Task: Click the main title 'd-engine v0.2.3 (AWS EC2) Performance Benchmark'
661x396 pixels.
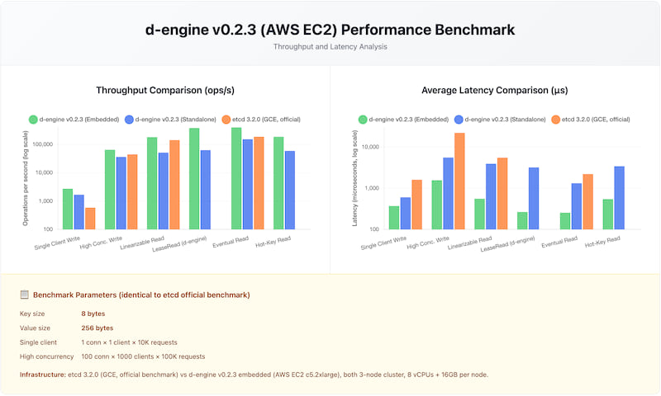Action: (x=330, y=30)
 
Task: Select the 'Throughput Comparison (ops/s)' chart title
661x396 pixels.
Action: (x=164, y=90)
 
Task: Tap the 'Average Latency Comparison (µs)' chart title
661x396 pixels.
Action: (x=494, y=90)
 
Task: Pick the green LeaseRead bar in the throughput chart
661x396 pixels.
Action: (x=194, y=178)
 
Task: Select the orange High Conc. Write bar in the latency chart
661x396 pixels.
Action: (x=459, y=181)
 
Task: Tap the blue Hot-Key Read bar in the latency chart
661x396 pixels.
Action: (x=620, y=197)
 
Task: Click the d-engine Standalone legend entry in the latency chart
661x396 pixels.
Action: (x=499, y=120)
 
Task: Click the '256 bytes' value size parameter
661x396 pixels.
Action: (x=97, y=328)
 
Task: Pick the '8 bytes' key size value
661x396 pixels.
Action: (x=93, y=313)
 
